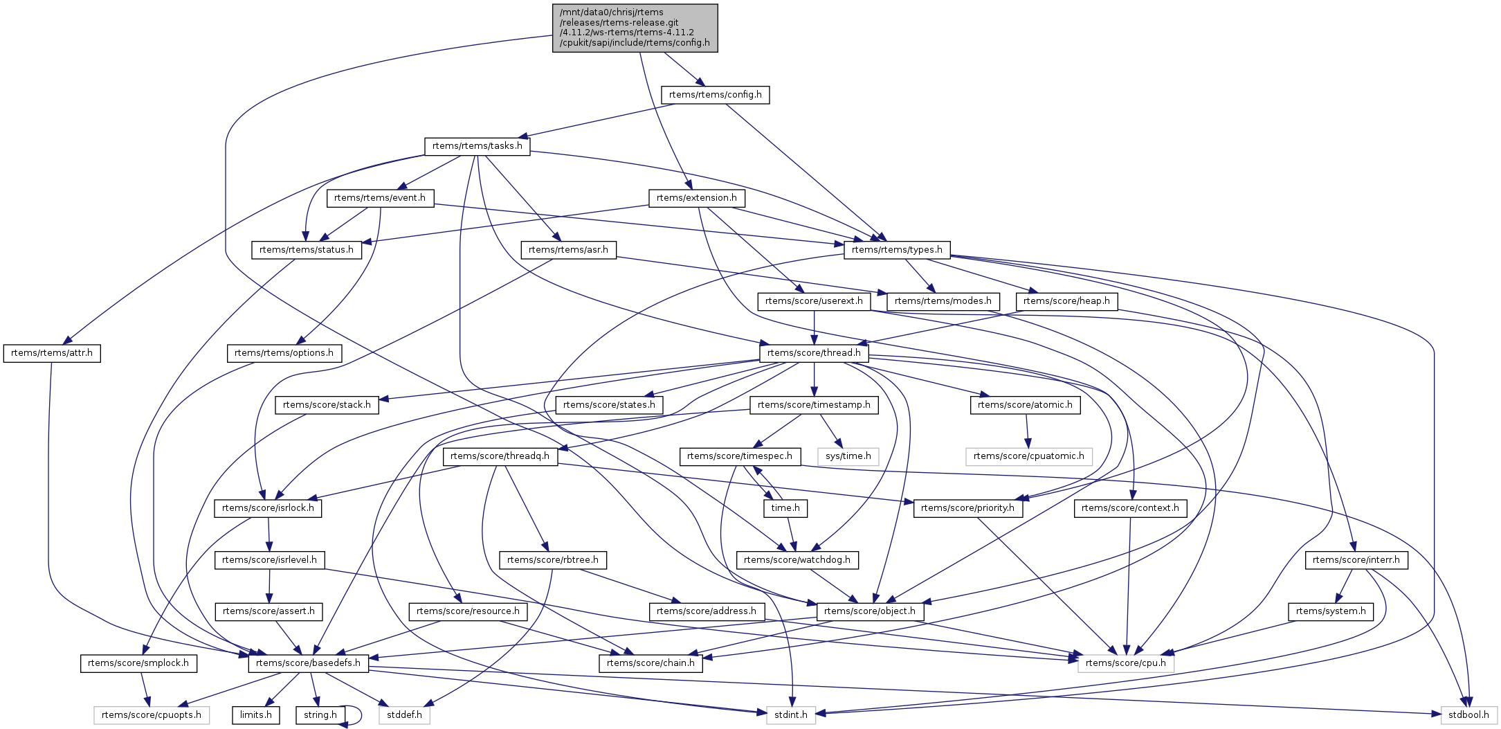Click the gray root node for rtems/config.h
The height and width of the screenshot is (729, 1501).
point(635,28)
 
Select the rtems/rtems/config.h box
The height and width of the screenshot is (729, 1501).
point(715,95)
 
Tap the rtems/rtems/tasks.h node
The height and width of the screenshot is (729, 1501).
point(477,146)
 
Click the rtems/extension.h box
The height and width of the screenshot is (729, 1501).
point(696,198)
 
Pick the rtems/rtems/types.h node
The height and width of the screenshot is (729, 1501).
point(897,250)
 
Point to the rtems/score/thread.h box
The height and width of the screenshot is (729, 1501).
point(814,353)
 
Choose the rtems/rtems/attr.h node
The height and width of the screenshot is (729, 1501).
point(52,353)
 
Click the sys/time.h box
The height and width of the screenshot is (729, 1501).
point(848,456)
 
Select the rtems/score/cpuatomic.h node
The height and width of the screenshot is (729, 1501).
point(1028,456)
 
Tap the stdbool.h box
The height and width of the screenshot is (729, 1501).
point(1468,714)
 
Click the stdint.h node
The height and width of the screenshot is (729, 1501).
point(790,714)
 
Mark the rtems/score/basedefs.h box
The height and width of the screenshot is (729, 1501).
point(308,663)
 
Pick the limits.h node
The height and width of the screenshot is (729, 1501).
point(256,714)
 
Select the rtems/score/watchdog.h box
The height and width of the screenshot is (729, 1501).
point(797,560)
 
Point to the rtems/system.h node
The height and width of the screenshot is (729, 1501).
point(1331,611)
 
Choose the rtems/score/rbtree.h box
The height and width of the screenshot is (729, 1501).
point(552,560)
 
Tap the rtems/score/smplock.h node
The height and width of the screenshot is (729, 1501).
point(138,663)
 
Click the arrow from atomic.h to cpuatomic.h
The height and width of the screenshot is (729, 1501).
point(1027,431)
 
